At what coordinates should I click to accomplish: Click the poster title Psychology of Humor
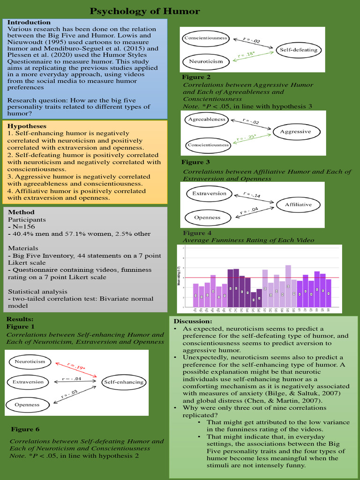tap(144, 11)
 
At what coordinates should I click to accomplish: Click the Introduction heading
tap(29, 22)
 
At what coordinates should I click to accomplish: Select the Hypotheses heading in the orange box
tap(27, 126)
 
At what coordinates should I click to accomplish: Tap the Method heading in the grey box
tap(21, 212)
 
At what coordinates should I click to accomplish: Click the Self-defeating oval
tap(299, 50)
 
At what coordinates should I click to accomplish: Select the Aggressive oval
tap(295, 132)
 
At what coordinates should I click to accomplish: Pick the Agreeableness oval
tap(207, 120)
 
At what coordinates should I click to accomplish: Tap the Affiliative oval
tap(298, 204)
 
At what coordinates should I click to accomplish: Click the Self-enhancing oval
tap(123, 382)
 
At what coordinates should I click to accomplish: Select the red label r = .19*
tap(76, 367)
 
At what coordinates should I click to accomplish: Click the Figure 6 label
tap(25, 429)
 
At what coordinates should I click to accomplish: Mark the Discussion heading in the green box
tap(193, 321)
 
